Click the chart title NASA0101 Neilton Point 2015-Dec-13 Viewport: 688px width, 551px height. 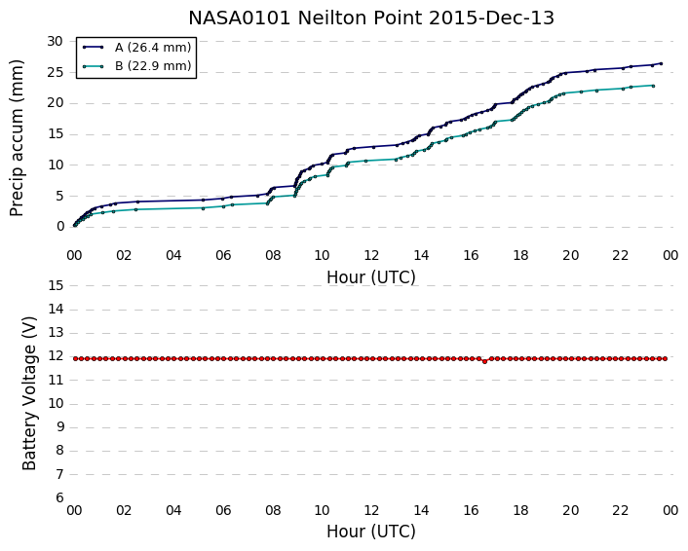pyautogui.click(x=371, y=18)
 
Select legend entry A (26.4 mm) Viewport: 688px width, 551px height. pyautogui.click(x=153, y=48)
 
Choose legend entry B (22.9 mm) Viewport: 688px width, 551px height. pyautogui.click(x=153, y=66)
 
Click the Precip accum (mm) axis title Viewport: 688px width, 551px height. pyautogui.click(x=17, y=138)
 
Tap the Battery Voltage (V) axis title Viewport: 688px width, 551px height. pyautogui.click(x=29, y=393)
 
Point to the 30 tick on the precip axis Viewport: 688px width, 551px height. pyautogui.click(x=56, y=41)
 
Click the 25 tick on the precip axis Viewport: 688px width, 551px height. pyautogui.click(x=56, y=72)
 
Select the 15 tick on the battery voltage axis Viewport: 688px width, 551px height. pyautogui.click(x=56, y=285)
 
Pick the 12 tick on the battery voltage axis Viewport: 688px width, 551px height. pyautogui.click(x=56, y=356)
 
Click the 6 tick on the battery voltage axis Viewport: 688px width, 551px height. pyautogui.click(x=59, y=498)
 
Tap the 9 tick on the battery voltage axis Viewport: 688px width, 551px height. pyautogui.click(x=59, y=427)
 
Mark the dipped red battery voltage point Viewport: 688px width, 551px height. pyautogui.click(x=485, y=361)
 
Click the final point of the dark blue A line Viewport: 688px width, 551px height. pyautogui.click(x=661, y=63)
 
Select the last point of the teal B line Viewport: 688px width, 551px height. pyautogui.click(x=653, y=86)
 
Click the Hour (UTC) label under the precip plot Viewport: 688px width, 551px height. pyautogui.click(x=371, y=277)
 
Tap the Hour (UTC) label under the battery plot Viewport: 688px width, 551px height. pyautogui.click(x=371, y=532)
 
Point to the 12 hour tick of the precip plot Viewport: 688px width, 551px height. pyautogui.click(x=371, y=255)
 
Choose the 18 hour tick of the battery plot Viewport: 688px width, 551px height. pyautogui.click(x=520, y=510)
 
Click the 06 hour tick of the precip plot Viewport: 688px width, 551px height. pyautogui.click(x=223, y=255)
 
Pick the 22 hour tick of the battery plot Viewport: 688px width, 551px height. pyautogui.click(x=621, y=510)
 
